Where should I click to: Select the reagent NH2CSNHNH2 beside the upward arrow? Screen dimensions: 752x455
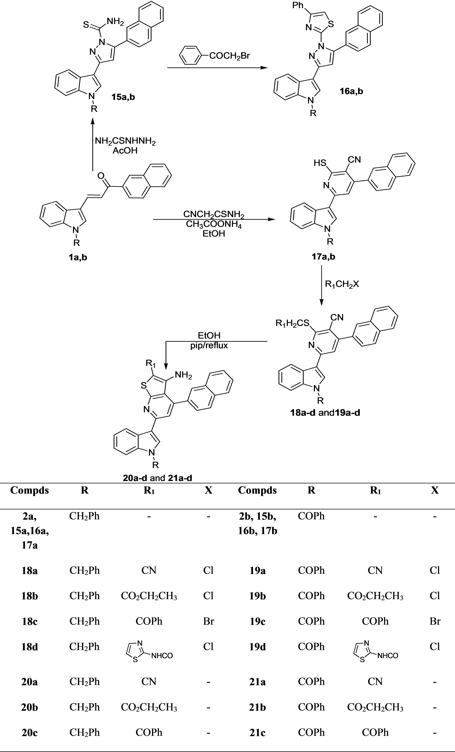(125, 141)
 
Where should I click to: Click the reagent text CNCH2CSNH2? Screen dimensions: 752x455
(214, 214)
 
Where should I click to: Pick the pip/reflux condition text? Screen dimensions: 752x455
(209, 346)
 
